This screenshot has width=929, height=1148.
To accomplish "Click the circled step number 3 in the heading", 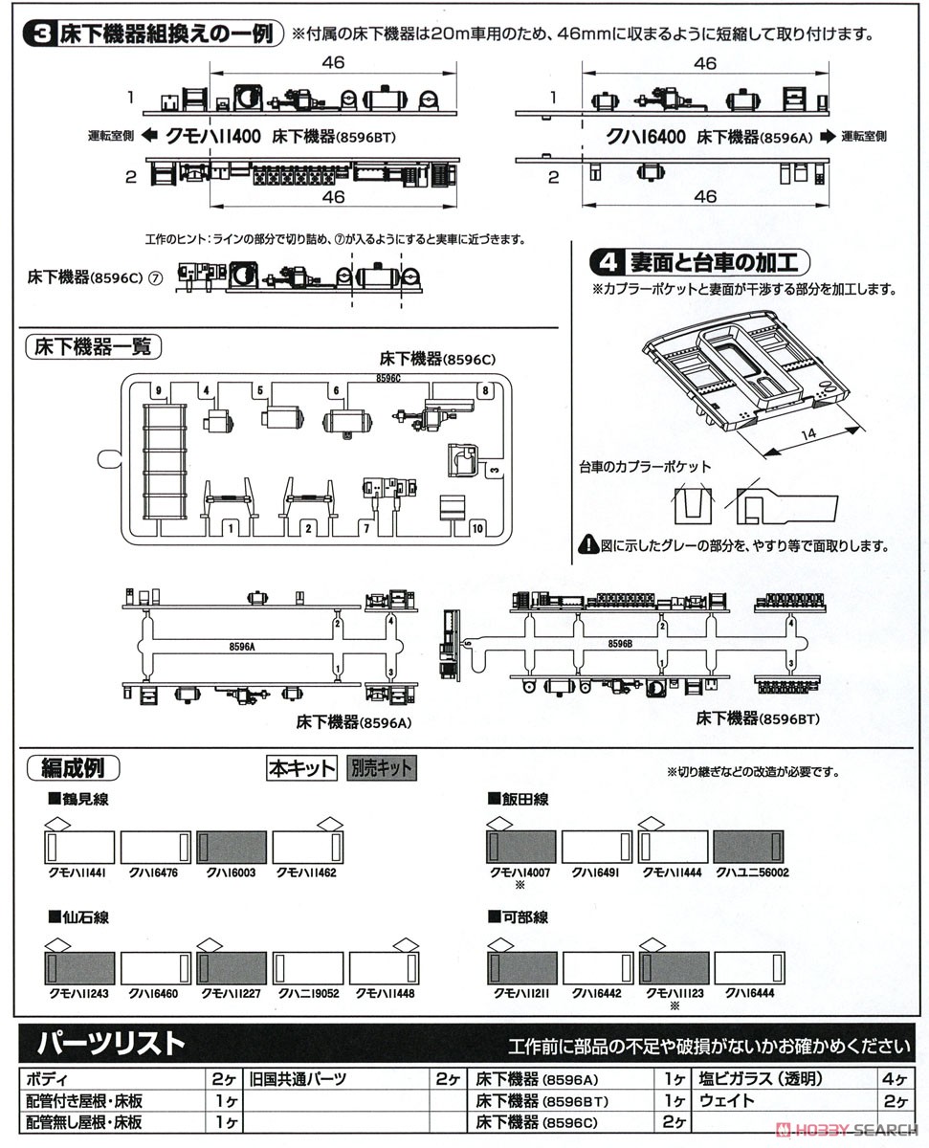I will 41,35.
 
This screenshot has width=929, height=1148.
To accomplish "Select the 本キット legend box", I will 301,768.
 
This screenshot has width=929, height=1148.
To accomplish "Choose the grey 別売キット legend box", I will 381,768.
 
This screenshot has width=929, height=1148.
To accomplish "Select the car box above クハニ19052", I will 307,967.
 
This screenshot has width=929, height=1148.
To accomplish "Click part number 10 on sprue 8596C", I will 477,527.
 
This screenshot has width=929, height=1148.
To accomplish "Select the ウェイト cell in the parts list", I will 727,1100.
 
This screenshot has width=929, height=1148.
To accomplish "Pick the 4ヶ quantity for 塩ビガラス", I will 896,1078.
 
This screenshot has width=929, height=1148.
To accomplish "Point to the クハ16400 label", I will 646,137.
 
